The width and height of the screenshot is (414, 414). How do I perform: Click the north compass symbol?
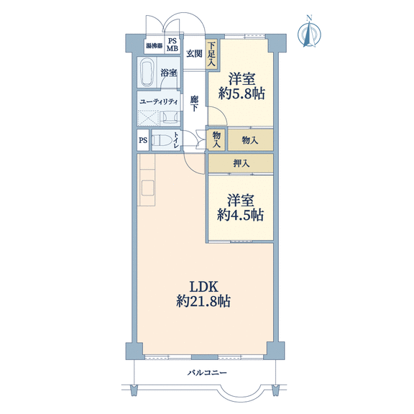pyautogui.click(x=309, y=33)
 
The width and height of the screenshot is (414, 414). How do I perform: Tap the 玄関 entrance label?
pyautogui.click(x=194, y=54)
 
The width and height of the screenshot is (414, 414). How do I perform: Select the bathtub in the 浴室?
pyautogui.click(x=147, y=73)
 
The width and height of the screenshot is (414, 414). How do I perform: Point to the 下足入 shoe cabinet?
pyautogui.click(x=211, y=55)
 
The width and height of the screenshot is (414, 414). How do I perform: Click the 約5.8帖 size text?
pyautogui.click(x=241, y=93)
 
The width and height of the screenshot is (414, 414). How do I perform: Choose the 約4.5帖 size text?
pyautogui.click(x=240, y=215)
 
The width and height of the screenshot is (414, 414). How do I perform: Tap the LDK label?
pyautogui.click(x=204, y=287)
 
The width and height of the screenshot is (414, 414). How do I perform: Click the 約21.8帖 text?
pyautogui.click(x=203, y=301)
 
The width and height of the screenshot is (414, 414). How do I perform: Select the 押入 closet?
pyautogui.click(x=241, y=163)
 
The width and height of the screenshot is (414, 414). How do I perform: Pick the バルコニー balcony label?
pyautogui.click(x=207, y=373)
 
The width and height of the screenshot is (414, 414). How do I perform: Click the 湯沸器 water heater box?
pyautogui.click(x=155, y=46)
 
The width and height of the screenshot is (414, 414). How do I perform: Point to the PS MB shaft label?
pyautogui.click(x=172, y=45)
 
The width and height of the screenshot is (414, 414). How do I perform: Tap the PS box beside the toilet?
pyautogui.click(x=143, y=140)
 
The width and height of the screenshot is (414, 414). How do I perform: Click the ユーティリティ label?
pyautogui.click(x=159, y=101)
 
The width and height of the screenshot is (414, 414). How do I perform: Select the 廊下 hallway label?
pyautogui.click(x=194, y=103)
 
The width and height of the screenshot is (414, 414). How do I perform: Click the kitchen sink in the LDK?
pyautogui.click(x=147, y=188)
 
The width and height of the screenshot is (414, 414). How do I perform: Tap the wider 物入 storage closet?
pyautogui.click(x=250, y=140)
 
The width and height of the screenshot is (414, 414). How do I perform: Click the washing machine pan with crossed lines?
pyautogui.click(x=148, y=119)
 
